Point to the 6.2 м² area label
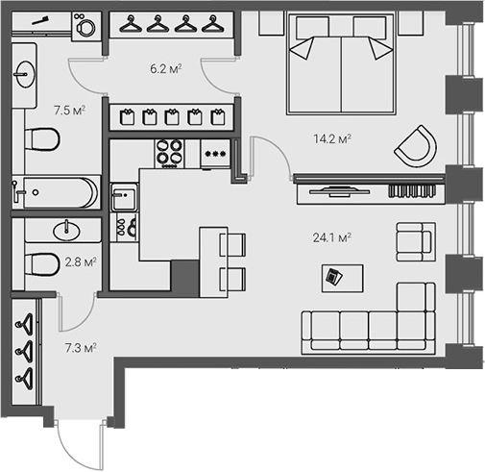[x=167, y=68]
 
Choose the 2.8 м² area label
[x=79, y=261]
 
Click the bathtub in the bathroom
[x=56, y=192]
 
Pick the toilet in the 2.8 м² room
[x=41, y=261]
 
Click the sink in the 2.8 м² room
[x=67, y=230]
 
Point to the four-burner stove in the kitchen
[x=170, y=152]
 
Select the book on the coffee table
[x=332, y=278]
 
